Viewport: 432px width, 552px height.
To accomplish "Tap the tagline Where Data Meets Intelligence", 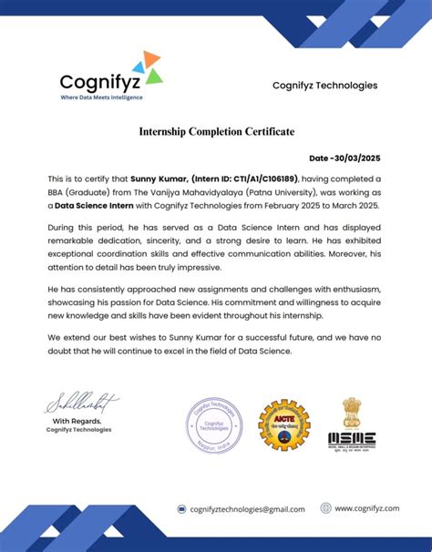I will tap(101, 96).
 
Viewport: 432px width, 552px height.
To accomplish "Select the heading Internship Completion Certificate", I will tap(216, 132).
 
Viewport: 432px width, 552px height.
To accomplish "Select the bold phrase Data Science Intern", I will tap(93, 206).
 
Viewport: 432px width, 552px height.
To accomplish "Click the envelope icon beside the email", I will tap(181, 509).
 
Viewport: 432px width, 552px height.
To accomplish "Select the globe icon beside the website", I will tap(325, 508).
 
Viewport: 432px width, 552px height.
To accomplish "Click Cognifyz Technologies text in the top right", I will tap(324, 86).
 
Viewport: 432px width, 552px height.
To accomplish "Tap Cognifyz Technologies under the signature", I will tap(79, 430).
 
